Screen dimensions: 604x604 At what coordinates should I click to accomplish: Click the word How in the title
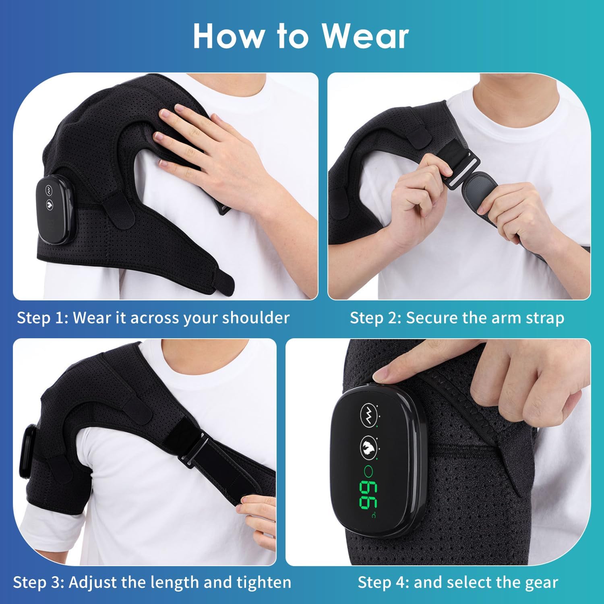228,36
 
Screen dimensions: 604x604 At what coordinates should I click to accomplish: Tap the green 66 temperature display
368,494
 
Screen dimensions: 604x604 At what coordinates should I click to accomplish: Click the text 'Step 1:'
42,318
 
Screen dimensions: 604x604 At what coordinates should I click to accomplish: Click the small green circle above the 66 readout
368,470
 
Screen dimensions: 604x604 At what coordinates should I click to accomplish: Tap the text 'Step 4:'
383,582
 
